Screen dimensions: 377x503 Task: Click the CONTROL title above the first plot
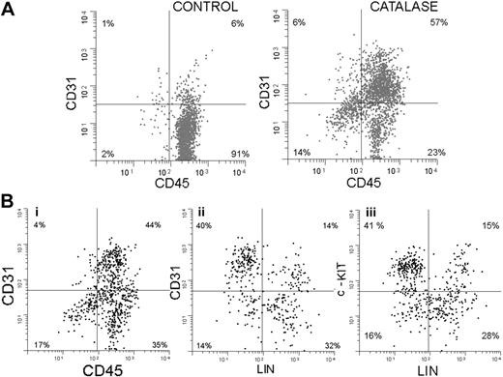(x=199, y=8)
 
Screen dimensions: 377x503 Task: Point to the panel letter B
(x=8, y=204)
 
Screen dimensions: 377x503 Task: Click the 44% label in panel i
(x=151, y=227)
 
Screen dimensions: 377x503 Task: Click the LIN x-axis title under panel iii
(x=425, y=370)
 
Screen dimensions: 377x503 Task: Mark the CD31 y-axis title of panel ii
(x=181, y=283)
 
